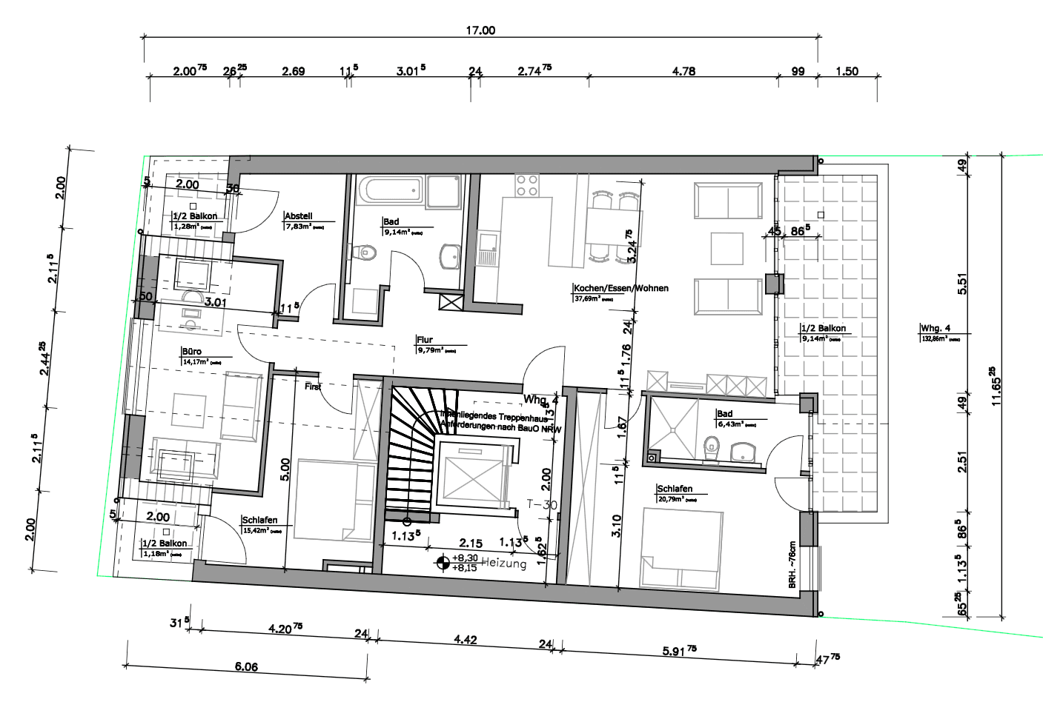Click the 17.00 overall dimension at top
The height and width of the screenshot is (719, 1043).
coord(480,30)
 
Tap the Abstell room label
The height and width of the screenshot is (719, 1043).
coord(298,216)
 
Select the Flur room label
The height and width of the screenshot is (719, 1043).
coord(424,340)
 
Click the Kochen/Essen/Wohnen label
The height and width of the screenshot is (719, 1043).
coord(620,288)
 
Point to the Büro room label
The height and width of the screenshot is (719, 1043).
coord(191,352)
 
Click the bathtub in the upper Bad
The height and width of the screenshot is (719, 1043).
coord(390,190)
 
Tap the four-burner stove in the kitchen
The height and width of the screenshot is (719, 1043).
coord(527,185)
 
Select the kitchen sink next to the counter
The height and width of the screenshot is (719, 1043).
coord(486,248)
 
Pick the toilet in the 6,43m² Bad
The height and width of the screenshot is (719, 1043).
coord(712,447)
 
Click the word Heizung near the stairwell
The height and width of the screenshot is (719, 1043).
coord(504,564)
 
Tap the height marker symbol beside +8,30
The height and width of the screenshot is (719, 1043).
coord(443,563)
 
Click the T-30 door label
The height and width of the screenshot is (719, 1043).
coord(542,504)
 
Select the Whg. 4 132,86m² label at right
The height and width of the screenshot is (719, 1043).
coord(936,332)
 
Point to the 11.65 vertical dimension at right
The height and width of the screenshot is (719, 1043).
coord(996,385)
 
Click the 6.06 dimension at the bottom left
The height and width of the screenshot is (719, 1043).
coord(246,666)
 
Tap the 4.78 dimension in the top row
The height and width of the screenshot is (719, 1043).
coord(683,71)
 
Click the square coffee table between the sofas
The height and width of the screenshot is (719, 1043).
coord(726,248)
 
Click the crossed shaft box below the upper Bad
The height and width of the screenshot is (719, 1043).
coord(450,301)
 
